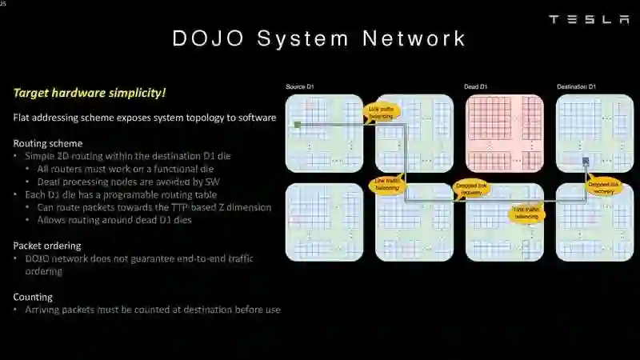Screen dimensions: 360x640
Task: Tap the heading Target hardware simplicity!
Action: point(90,93)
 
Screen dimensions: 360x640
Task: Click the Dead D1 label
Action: point(475,86)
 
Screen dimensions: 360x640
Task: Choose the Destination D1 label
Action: point(576,86)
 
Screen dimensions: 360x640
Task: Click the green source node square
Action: point(297,125)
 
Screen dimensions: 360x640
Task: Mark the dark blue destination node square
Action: point(586,161)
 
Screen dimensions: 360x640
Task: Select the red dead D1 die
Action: point(504,133)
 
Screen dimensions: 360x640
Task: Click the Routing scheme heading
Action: point(47,143)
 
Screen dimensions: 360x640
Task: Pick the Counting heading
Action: point(33,297)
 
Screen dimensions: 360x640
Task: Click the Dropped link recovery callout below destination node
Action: point(603,189)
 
